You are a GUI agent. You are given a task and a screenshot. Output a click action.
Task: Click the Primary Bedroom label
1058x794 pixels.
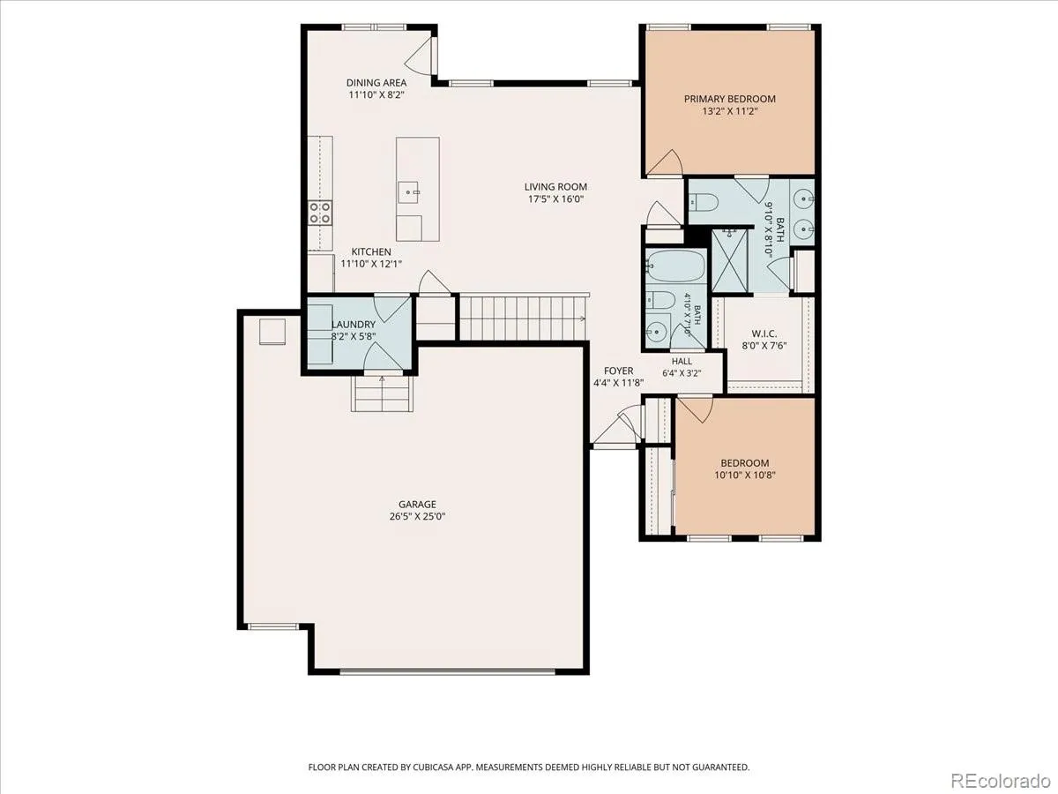730,99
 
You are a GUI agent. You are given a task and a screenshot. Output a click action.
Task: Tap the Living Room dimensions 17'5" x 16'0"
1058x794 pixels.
555,199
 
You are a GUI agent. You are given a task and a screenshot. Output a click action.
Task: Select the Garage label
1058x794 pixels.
417,505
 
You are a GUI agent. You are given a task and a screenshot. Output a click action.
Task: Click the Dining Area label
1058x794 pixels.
376,82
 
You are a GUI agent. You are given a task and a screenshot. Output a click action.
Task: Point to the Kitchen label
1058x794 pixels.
371,251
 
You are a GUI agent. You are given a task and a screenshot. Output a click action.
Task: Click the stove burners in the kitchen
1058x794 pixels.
320,213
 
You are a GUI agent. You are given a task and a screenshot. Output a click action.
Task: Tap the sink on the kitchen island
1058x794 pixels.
409,192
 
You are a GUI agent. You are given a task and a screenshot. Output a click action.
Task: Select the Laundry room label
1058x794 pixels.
354,325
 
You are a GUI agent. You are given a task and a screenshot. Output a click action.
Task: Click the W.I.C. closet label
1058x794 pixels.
764,333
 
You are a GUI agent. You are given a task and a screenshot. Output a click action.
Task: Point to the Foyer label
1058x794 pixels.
618,371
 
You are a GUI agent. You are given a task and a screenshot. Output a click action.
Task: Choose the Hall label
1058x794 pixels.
682,361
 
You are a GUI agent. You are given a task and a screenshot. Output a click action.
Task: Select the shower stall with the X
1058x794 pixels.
730,261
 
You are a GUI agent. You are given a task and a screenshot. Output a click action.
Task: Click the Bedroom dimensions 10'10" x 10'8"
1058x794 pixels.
745,476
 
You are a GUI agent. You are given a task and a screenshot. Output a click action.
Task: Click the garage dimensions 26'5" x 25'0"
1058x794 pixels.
417,517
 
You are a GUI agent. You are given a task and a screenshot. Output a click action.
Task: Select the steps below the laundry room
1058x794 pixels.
383,393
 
